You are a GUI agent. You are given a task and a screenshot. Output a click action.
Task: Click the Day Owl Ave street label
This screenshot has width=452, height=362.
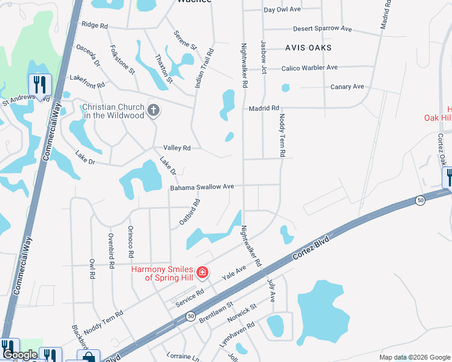(282, 10)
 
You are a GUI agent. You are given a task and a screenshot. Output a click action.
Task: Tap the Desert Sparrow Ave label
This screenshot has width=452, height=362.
(322, 29)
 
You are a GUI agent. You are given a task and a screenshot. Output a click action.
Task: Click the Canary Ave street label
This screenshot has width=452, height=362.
(347, 87)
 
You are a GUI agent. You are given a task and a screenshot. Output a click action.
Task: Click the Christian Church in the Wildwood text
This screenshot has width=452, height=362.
(113, 110)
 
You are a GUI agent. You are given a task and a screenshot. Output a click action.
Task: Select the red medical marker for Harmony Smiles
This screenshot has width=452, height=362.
(202, 273)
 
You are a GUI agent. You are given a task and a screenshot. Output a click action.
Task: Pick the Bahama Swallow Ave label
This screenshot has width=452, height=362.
(201, 187)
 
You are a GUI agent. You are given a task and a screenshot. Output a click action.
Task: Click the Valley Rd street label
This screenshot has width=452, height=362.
(176, 148)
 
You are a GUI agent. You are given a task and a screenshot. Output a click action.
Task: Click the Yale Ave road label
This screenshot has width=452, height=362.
(234, 271)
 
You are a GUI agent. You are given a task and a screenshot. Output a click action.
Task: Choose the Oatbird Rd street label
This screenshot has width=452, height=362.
(189, 213)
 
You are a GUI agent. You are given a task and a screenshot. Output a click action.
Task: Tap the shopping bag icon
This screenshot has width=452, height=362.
(88, 357)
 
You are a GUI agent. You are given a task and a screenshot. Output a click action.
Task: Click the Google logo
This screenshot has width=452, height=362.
(20, 355)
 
